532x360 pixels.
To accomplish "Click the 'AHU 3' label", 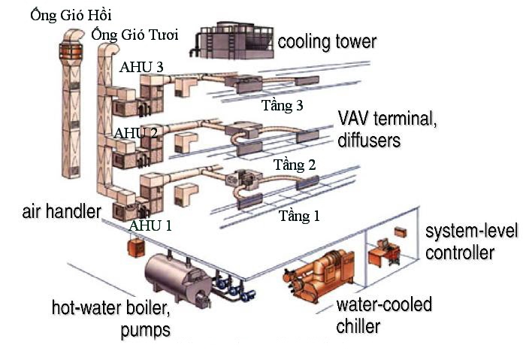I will pyautogui.click(x=141, y=67).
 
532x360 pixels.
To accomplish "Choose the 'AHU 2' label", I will pyautogui.click(x=135, y=134).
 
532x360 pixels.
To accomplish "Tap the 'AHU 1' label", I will pyautogui.click(x=150, y=225).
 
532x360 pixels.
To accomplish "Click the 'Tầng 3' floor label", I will pyautogui.click(x=282, y=105).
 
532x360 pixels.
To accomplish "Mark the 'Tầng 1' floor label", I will pyautogui.click(x=299, y=216).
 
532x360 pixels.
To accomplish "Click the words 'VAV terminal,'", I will pyautogui.click(x=386, y=119).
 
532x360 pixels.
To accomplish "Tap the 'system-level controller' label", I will pyautogui.click(x=471, y=241).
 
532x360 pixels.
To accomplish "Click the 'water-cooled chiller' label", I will pyautogui.click(x=384, y=315).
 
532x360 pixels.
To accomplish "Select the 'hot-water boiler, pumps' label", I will pyautogui.click(x=111, y=318).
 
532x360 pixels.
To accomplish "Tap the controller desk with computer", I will pyautogui.click(x=385, y=256).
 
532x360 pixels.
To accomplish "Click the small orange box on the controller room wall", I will pyautogui.click(x=401, y=231).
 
